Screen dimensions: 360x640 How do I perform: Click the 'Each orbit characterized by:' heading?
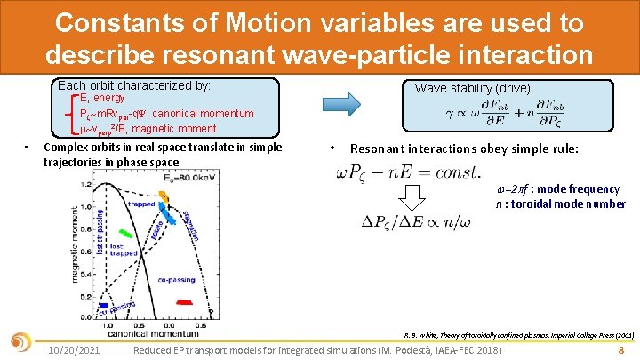coord(133,86)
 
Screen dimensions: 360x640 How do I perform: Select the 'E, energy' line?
coord(102,99)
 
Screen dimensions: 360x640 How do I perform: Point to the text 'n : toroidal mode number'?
coord(561,204)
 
